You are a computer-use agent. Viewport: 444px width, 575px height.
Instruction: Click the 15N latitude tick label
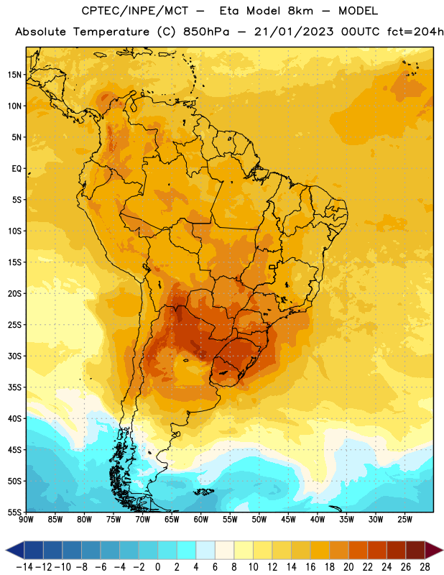pos(14,75)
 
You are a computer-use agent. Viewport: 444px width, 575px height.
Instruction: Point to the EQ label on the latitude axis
pos(17,169)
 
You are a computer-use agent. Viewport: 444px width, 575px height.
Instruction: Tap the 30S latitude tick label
pos(14,356)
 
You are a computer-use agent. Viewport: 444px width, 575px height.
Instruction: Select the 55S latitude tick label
pos(14,512)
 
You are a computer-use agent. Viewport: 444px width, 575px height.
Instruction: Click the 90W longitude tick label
pos(26,519)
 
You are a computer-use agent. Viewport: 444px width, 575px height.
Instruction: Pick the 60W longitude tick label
pos(201,519)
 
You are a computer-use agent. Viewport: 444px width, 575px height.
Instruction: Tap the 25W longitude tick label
pos(404,519)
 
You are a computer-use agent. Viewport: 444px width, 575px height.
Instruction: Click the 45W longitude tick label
pos(288,519)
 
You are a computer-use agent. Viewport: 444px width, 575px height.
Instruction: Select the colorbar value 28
pos(425,567)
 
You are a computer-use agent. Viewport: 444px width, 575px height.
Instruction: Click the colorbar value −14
pos(24,567)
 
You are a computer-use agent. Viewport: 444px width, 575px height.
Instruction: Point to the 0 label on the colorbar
pos(157,567)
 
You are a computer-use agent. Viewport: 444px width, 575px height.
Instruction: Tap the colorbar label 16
pos(310,567)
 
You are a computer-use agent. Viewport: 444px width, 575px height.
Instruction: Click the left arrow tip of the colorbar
pos(6,550)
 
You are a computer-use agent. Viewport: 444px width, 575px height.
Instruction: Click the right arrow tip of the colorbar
pos(443,550)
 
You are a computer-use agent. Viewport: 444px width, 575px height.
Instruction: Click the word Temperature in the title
pos(111,32)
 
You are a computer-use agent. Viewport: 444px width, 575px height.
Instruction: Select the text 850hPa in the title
pos(206,32)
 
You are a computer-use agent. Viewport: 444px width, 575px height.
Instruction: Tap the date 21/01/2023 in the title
pos(294,32)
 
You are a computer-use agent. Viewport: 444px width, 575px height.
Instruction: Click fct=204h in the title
pos(415,32)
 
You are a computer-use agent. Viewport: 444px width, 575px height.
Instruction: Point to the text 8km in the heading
pos(300,11)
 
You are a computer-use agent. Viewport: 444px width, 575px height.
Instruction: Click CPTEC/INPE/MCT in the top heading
pos(135,11)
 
